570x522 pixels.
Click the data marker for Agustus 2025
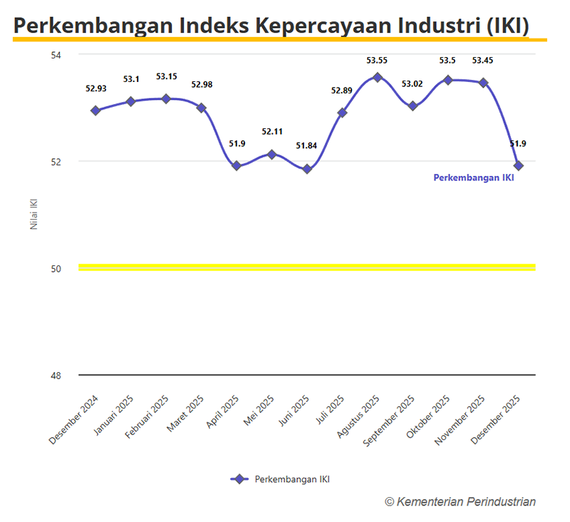pyautogui.click(x=378, y=77)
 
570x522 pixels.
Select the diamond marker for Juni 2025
pyautogui.click(x=307, y=169)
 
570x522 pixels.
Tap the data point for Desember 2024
pyautogui.click(x=95, y=111)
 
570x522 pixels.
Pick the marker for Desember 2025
pyautogui.click(x=519, y=165)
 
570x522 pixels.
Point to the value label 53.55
pyautogui.click(x=378, y=61)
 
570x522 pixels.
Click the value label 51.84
pyautogui.click(x=307, y=146)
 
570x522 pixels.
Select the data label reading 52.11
pyautogui.click(x=272, y=131)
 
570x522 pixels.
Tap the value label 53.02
pyautogui.click(x=412, y=84)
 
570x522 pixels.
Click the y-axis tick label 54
pyautogui.click(x=57, y=55)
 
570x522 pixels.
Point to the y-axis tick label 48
pyautogui.click(x=57, y=376)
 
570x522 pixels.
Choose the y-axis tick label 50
pyautogui.click(x=57, y=269)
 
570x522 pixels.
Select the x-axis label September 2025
pyautogui.click(x=389, y=421)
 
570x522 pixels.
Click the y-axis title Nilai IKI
pyautogui.click(x=33, y=213)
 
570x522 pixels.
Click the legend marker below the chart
pyautogui.click(x=239, y=479)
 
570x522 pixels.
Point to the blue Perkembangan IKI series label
pyautogui.click(x=474, y=178)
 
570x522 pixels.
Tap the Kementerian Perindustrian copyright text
pyautogui.click(x=460, y=501)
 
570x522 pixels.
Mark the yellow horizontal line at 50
pyautogui.click(x=306, y=267)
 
